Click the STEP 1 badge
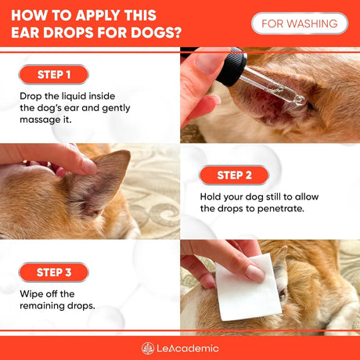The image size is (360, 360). click(x=53, y=74)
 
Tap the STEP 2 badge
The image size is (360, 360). click(x=234, y=175)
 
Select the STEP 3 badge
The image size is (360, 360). click(x=53, y=272)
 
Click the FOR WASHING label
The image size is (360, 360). click(x=300, y=23)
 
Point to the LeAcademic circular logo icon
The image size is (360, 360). click(x=148, y=348)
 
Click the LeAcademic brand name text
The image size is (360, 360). click(x=189, y=348)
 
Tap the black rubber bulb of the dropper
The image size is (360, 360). click(x=232, y=67)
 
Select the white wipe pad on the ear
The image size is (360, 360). click(x=247, y=287)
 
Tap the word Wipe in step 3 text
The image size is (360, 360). click(x=29, y=293)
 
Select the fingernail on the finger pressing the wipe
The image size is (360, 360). click(x=255, y=273)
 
